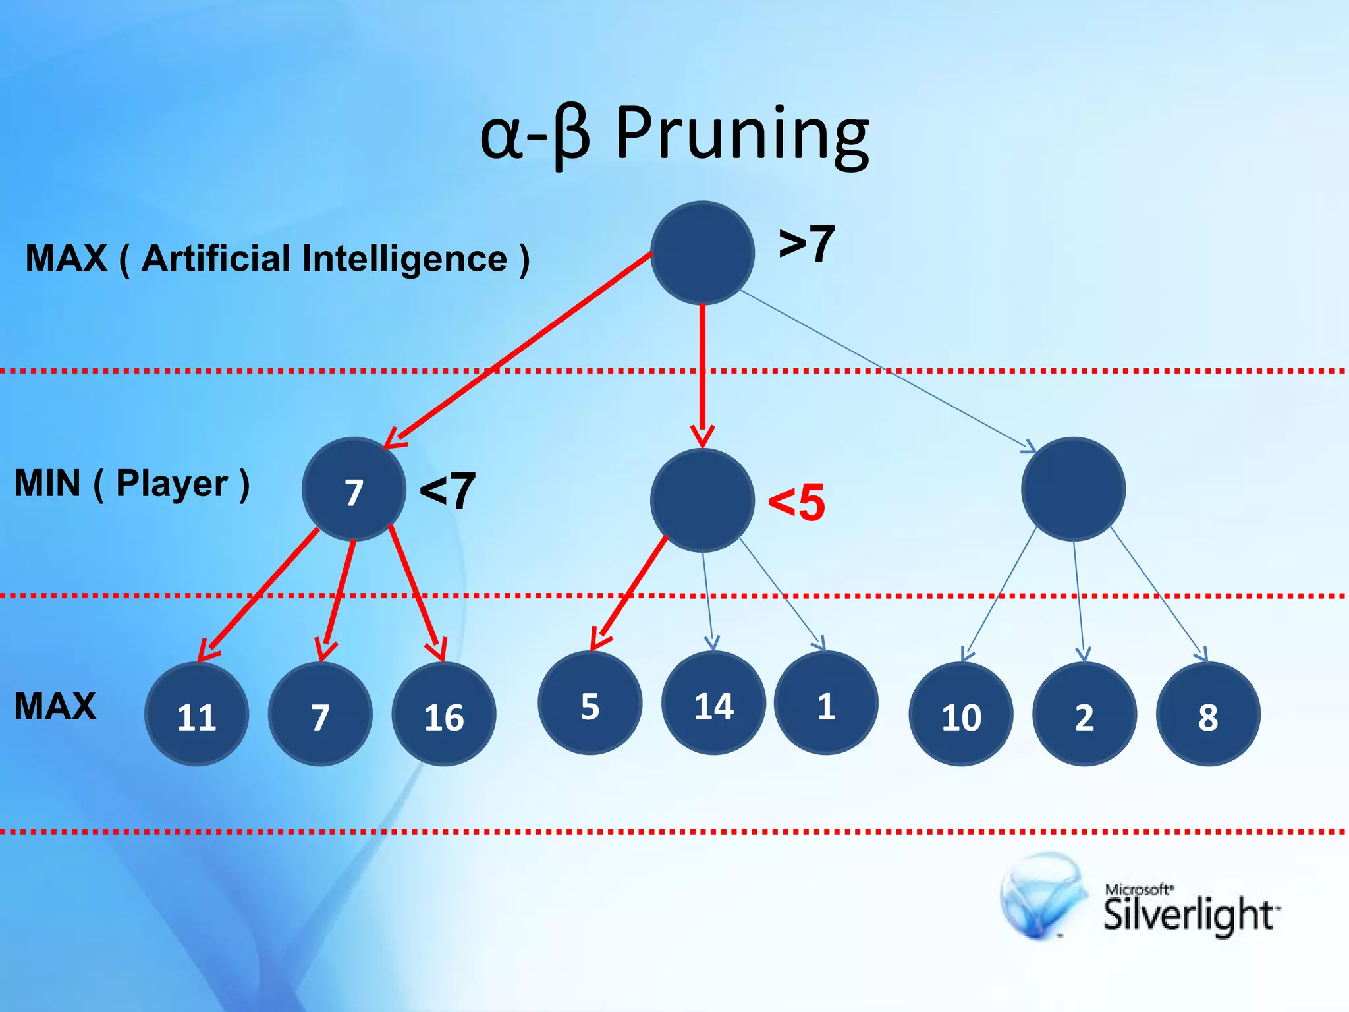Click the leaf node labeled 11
pos(196,714)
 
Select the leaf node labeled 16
pos(443,714)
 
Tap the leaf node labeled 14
pos(713,703)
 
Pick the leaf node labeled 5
pos(590,703)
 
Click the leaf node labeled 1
pos(825,703)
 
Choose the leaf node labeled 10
pos(961,714)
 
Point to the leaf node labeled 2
pos(1084,714)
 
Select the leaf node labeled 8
pos(1208,714)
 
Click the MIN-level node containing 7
pos(354,490)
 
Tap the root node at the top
pos(702,253)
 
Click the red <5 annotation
pos(796,502)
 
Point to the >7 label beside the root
pos(806,244)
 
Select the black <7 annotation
pos(447,491)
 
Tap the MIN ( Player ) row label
pos(132,484)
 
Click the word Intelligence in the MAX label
pos(404,258)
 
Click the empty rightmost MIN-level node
pos(1073,490)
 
